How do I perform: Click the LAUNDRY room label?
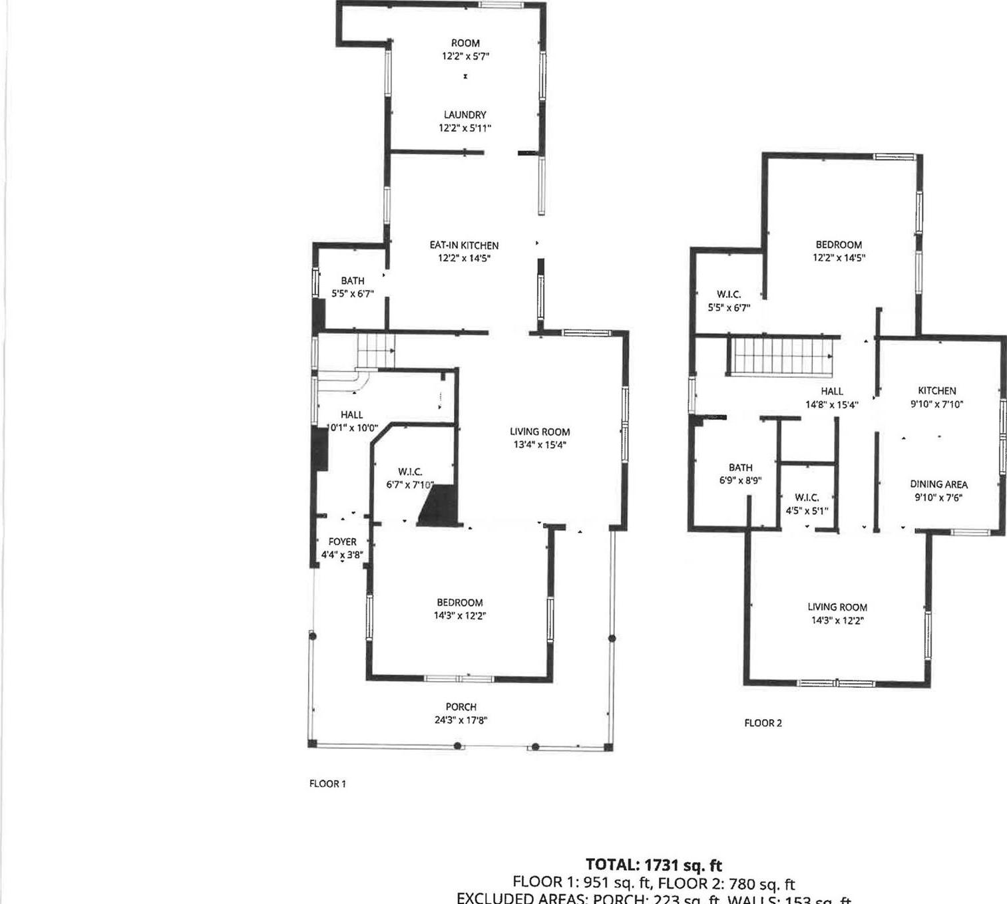click(x=465, y=115)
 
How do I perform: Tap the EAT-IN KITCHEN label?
click(x=464, y=245)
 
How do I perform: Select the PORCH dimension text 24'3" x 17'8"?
click(x=461, y=720)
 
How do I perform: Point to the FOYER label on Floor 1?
click(x=342, y=542)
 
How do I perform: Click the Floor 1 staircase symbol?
click(x=376, y=351)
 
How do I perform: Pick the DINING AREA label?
click(x=938, y=484)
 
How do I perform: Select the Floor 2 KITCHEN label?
click(x=936, y=391)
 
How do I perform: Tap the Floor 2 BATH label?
click(x=740, y=468)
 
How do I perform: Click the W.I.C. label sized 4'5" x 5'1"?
click(x=807, y=498)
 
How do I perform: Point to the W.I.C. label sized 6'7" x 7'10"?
click(x=410, y=472)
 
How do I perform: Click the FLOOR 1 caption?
click(x=327, y=784)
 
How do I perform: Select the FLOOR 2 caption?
click(x=763, y=723)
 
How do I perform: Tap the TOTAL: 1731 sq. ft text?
click(x=653, y=865)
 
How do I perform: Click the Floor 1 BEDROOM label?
click(x=459, y=603)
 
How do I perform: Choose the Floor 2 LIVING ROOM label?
click(x=837, y=607)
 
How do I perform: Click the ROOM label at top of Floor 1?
click(x=465, y=43)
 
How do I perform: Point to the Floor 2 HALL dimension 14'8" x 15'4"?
click(x=831, y=404)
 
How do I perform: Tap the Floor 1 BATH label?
click(x=352, y=281)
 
